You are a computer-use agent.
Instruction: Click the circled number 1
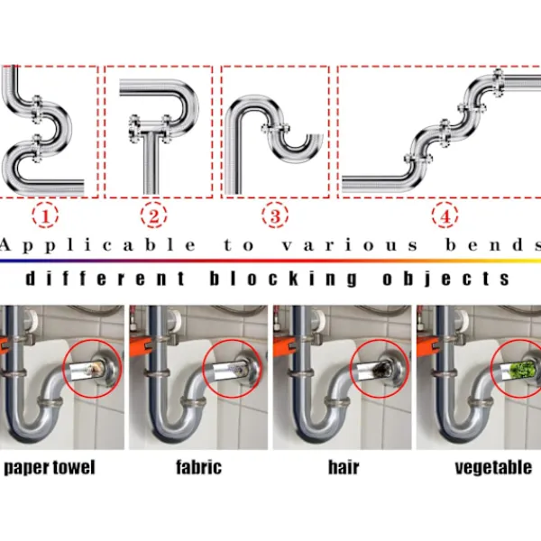46,215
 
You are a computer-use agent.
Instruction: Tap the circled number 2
154,215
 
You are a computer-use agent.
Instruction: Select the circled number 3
274,215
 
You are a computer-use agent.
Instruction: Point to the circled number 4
443,215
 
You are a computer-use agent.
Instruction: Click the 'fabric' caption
199,468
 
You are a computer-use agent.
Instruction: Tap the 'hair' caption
344,468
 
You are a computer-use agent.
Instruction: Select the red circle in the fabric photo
233,370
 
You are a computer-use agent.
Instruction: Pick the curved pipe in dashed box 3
270,126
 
